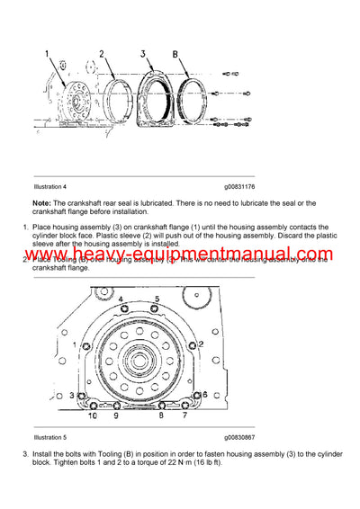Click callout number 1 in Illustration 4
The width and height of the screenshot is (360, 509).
pyautogui.click(x=49, y=55)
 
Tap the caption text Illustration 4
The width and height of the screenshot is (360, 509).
pyautogui.click(x=53, y=186)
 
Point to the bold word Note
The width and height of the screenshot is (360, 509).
pyautogui.click(x=41, y=203)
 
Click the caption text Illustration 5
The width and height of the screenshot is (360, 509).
pyautogui.click(x=53, y=436)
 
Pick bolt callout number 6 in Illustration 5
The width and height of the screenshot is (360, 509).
pyautogui.click(x=206, y=395)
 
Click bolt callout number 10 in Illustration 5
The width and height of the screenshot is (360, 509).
pyautogui.click(x=91, y=415)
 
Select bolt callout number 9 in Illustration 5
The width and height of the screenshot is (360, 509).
pyautogui.click(x=115, y=415)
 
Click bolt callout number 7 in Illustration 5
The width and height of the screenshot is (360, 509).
pyautogui.click(x=186, y=415)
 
